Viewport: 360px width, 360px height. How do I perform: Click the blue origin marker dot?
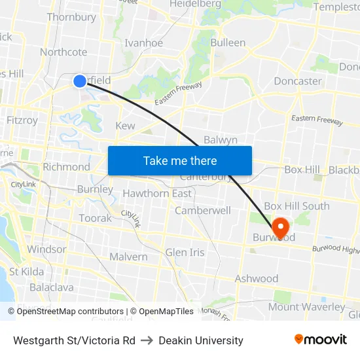79,81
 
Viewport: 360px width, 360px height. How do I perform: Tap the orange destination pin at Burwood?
280,228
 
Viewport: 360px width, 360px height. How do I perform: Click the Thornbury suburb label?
71,17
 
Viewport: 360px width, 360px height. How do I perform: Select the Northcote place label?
63,52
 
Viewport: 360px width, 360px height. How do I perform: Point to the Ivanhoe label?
144,43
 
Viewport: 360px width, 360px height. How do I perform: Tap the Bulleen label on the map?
228,43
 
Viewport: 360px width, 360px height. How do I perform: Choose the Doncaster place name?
298,81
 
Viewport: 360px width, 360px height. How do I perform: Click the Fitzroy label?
22,120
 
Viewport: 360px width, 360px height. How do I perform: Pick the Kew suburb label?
125,126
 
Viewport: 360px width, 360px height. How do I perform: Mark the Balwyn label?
221,140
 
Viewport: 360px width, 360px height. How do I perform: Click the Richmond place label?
66,167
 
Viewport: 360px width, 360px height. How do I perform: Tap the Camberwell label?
203,211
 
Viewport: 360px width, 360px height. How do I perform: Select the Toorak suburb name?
96,218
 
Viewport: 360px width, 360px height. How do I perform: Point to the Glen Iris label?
185,252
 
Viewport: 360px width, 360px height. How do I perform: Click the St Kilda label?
26,272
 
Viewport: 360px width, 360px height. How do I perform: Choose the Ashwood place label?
257,278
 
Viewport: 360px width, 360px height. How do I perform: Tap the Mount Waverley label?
306,306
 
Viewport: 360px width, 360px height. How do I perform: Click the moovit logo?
320,340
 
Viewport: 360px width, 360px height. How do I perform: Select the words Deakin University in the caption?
201,340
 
